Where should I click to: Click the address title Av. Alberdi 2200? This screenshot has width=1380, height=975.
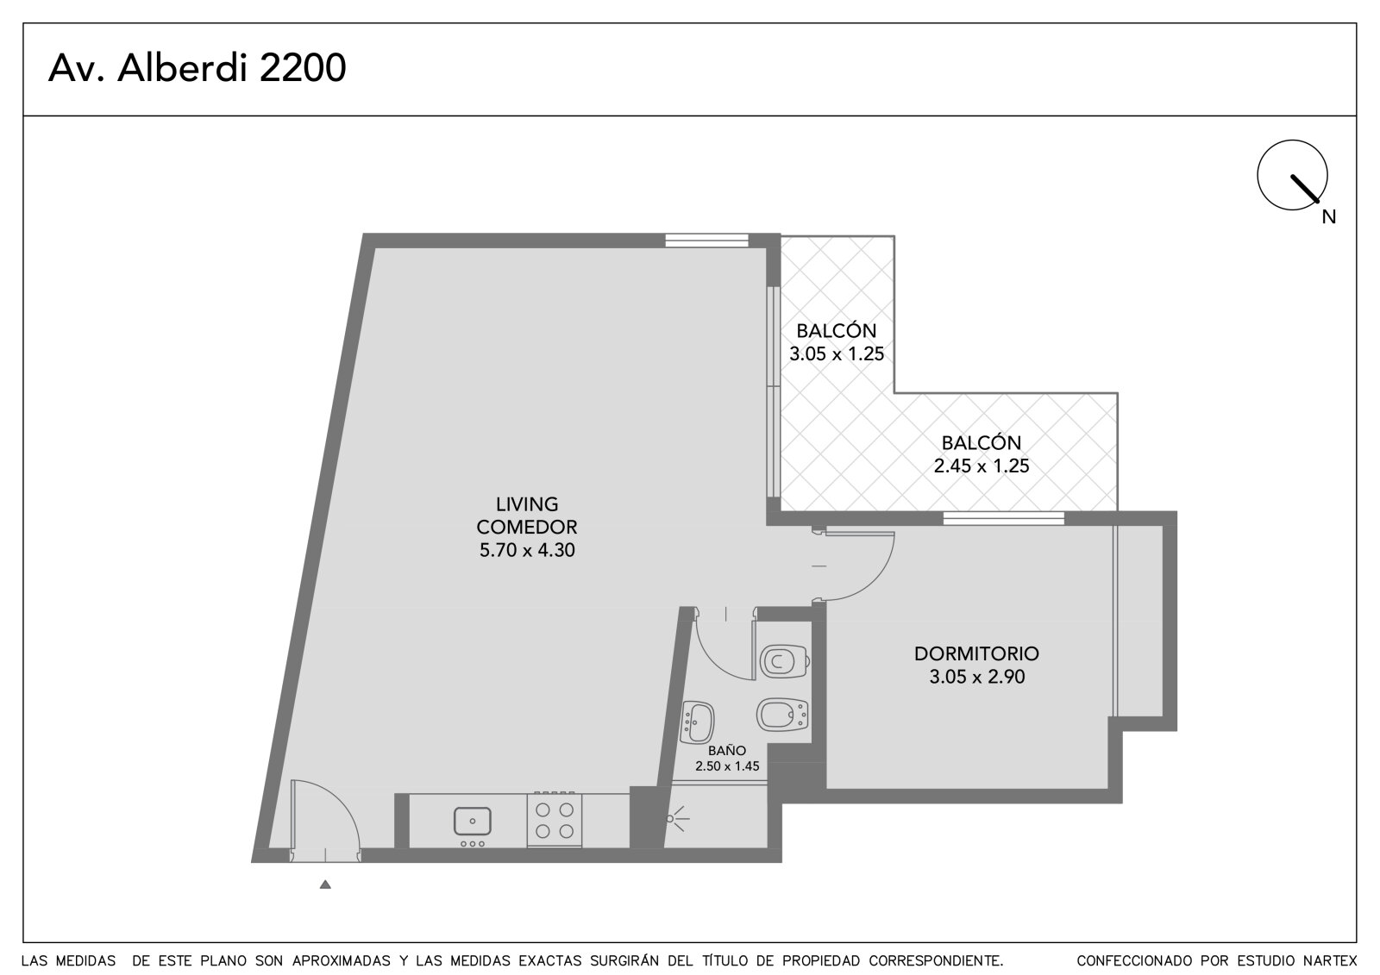click(x=198, y=68)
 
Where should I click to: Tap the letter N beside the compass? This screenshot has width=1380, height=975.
click(x=1329, y=216)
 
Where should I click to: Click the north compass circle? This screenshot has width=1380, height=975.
click(x=1293, y=175)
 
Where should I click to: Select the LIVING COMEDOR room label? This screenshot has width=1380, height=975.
click(x=527, y=516)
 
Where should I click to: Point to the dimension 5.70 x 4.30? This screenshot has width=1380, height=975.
click(x=527, y=549)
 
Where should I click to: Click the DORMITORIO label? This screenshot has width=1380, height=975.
click(x=976, y=653)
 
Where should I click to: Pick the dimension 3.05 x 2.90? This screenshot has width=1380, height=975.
click(x=977, y=677)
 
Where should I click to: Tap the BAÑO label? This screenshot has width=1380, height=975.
click(x=727, y=750)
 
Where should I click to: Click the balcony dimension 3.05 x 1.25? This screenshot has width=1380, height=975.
click(x=837, y=353)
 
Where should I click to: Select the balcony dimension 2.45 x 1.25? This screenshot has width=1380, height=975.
click(x=982, y=466)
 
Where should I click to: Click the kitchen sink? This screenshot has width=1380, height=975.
click(x=473, y=821)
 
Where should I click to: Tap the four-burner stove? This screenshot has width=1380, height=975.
click(x=555, y=820)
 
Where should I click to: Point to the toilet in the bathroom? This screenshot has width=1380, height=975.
click(x=784, y=661)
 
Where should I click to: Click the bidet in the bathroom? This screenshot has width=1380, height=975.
click(x=782, y=715)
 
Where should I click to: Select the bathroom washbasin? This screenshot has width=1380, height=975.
click(x=698, y=722)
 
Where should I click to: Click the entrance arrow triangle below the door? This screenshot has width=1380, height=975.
click(x=325, y=884)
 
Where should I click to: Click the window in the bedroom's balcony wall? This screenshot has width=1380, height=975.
click(x=1004, y=518)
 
